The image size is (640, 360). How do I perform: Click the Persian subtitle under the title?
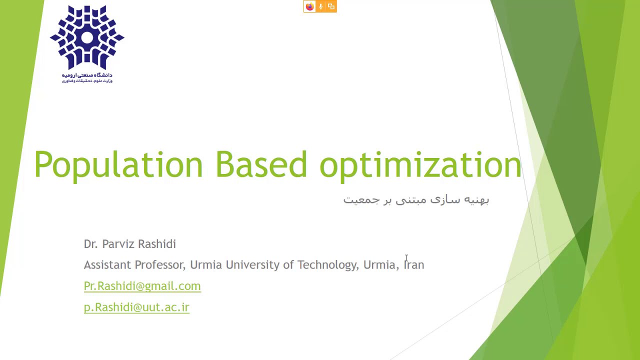point(416,199)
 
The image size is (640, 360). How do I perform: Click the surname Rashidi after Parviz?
point(157,244)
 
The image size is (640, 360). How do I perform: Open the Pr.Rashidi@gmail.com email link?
point(142,286)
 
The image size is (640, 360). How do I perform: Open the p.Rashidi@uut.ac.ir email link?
point(136,307)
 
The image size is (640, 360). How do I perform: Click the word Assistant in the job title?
point(107,265)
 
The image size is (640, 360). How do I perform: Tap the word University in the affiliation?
point(252,265)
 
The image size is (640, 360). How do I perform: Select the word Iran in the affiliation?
point(414,265)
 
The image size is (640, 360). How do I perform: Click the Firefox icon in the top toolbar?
point(309,6)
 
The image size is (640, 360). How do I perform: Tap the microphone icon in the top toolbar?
point(320,6)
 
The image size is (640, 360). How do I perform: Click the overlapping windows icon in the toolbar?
point(331,6)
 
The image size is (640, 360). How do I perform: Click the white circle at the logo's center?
point(87,37)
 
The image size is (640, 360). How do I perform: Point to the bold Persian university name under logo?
point(87,75)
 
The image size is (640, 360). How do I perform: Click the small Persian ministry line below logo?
point(87,81)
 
